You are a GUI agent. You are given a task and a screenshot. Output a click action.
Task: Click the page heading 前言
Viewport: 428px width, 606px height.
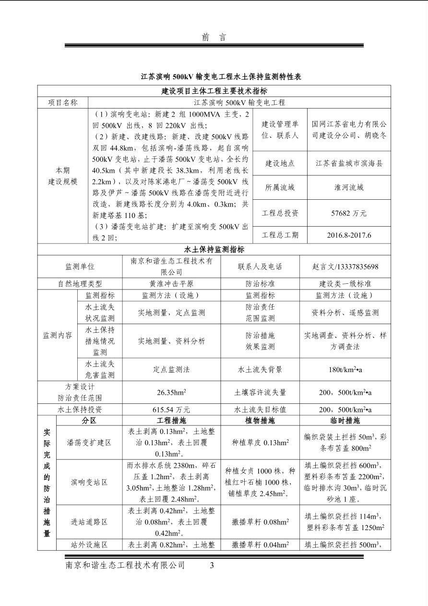(214, 37)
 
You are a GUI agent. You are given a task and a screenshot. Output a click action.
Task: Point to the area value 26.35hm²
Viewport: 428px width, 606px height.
(171, 392)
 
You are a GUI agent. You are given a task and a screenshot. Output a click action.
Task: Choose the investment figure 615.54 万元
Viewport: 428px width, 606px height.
(171, 410)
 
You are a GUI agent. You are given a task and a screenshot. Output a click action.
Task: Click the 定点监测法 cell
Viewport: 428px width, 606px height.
(171, 370)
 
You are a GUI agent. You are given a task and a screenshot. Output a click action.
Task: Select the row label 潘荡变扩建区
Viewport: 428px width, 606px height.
(89, 443)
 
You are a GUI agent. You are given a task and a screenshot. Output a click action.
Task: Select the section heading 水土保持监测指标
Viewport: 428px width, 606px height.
(214, 250)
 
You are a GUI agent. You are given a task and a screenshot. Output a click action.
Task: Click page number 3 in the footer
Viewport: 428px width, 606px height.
(212, 566)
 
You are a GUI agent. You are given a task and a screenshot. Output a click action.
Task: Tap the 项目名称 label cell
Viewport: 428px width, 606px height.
(63, 103)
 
